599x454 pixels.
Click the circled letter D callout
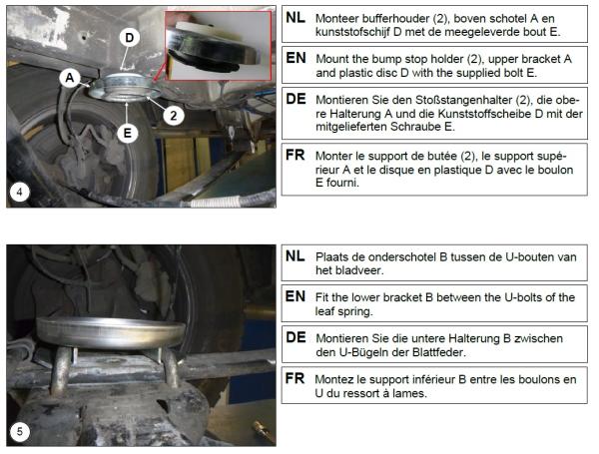coord(129,38)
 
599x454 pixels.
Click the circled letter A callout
coord(69,78)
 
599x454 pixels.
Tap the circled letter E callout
coord(127,133)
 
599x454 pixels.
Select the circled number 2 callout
coord(174,115)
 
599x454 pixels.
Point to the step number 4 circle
coord(19,192)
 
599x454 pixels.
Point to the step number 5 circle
coord(19,432)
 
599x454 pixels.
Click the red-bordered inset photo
coord(218,46)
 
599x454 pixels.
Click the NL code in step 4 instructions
coord(296,17)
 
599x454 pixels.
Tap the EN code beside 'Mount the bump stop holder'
coord(296,58)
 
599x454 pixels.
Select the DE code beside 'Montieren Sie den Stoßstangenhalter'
coord(296,99)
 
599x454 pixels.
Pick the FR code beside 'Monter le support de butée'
coord(295,155)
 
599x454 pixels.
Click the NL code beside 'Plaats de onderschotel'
coord(295,255)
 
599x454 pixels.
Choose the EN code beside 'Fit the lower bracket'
coord(296,296)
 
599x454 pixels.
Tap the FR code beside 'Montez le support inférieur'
coord(295,378)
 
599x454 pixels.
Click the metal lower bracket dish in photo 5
coord(111,332)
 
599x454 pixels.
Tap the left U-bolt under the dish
coord(61,370)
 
